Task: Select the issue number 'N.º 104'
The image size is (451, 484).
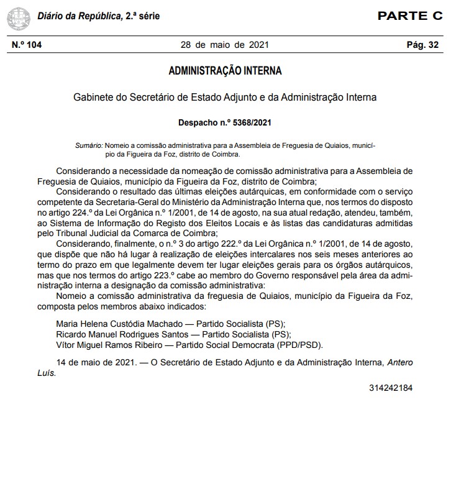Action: (x=27, y=45)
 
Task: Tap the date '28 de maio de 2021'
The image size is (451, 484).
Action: (x=225, y=45)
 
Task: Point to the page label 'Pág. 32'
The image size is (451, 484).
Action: (x=422, y=45)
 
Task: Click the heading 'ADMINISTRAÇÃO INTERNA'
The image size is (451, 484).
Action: (x=225, y=71)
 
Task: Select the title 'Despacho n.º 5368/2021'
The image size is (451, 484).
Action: (x=225, y=121)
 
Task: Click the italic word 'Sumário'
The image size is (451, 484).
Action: (x=88, y=145)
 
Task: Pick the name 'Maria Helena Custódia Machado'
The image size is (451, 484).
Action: (x=118, y=324)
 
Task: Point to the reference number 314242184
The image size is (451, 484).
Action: (x=391, y=388)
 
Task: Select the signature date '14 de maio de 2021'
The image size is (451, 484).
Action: (x=94, y=363)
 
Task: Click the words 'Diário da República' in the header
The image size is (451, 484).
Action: (x=78, y=16)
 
